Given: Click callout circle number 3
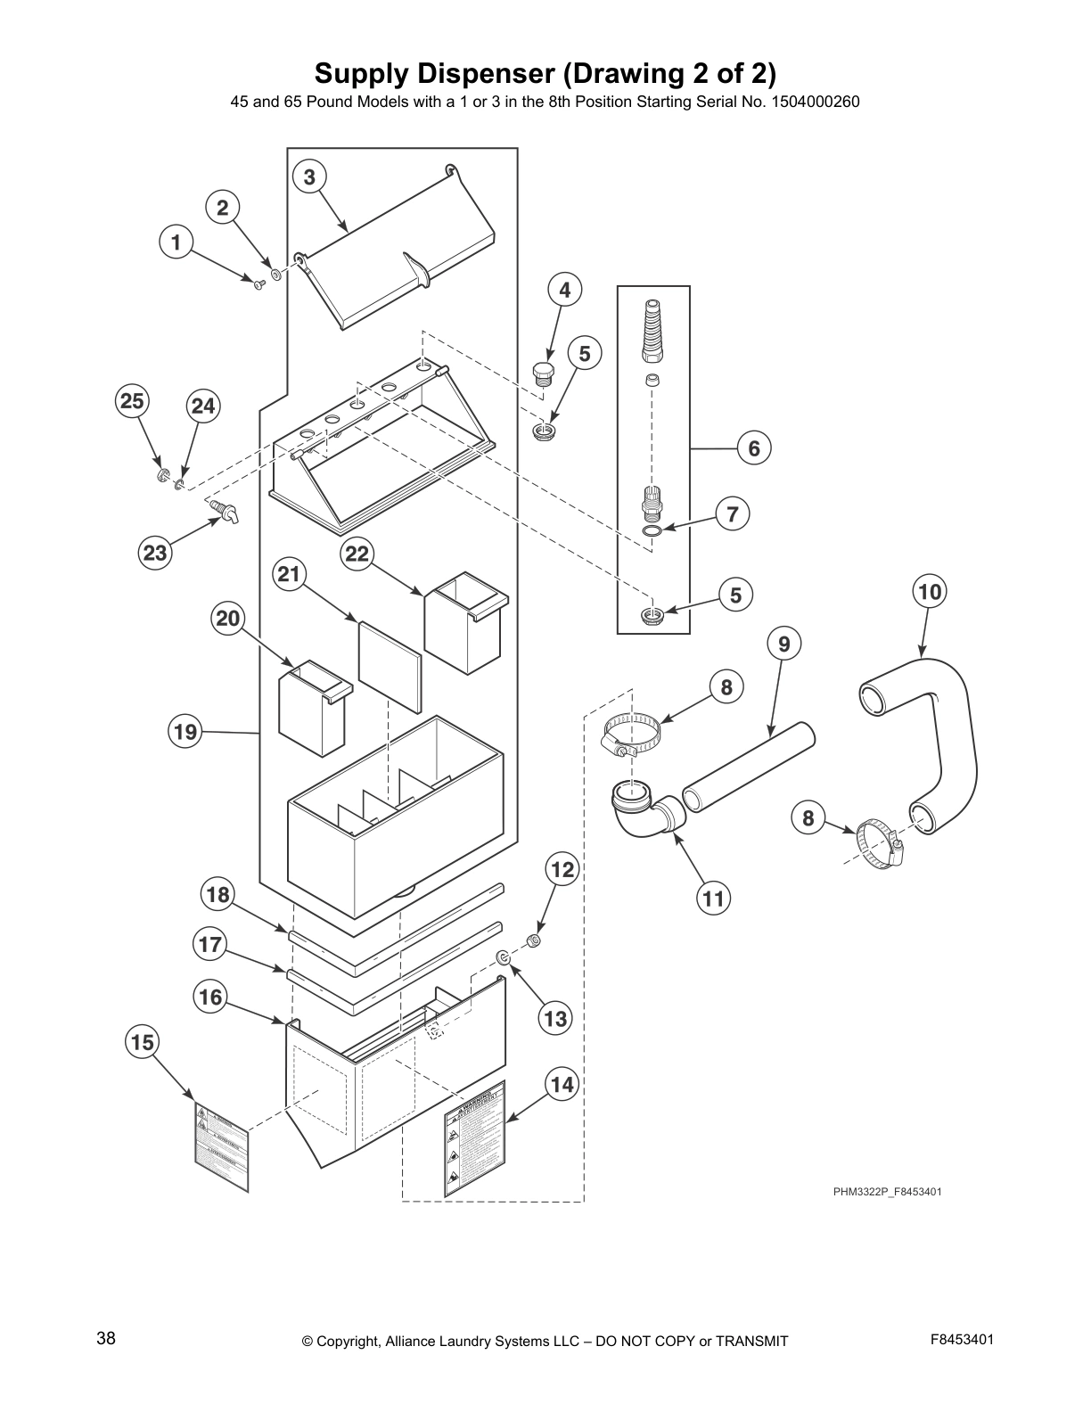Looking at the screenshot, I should coord(308,177).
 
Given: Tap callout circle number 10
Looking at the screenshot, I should coord(929,592).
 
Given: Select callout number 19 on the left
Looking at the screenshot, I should coord(185,733).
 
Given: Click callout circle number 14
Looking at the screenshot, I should coord(562,1085).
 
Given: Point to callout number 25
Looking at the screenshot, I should coord(132,402).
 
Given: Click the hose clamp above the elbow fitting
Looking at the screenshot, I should coord(635,736).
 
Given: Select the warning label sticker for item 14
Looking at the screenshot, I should coord(474,1139).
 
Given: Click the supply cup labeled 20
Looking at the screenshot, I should coord(312,709).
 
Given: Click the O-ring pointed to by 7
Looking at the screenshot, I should coord(652,532).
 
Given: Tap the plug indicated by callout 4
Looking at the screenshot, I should coord(541,374).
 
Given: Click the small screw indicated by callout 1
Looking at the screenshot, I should coord(258,283).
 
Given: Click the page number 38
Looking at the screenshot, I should coord(105,1338).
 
